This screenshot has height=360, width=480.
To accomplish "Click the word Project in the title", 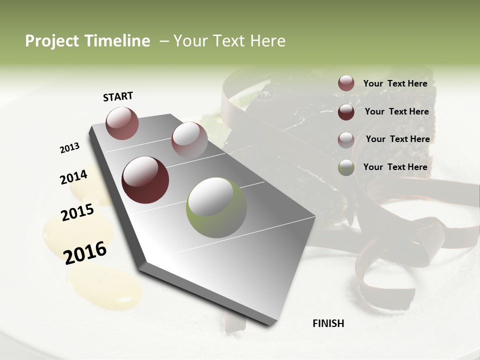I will tap(51, 41).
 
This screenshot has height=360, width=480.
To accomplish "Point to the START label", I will tap(118, 96).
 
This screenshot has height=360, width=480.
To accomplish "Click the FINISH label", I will tap(328, 323).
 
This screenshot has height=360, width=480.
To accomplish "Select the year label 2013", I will tap(69, 148).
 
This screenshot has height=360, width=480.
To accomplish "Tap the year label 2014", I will tap(73, 177).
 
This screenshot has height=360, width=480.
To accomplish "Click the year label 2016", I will tap(85, 252).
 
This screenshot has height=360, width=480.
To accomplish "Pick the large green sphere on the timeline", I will tap(216, 207).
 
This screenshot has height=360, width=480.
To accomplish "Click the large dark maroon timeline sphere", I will tap(145, 180).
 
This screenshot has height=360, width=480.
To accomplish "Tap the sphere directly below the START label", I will tap(122, 123).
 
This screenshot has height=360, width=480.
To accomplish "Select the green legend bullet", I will tap(346, 167).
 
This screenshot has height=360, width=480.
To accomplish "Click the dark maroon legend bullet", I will tap(346, 112).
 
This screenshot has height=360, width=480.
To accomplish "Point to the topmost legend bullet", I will tap(346, 83).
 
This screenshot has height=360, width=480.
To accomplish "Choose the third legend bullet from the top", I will tap(346, 140).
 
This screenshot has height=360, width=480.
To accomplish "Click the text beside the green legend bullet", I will tap(395, 167).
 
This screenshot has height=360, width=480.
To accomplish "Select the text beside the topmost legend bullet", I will tap(395, 83).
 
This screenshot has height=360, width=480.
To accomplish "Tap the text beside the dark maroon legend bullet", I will tap(396, 111).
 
